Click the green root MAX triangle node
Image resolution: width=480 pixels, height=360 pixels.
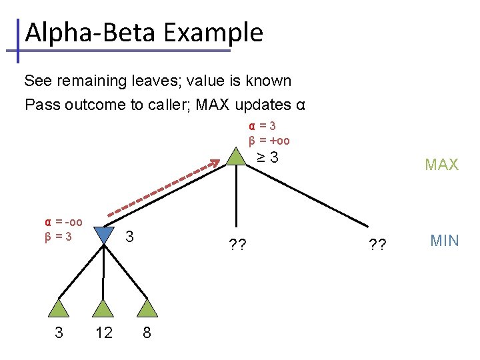point(236,157)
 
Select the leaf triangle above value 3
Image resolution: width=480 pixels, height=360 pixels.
point(59,308)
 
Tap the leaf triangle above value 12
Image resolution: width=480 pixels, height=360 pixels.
point(103,308)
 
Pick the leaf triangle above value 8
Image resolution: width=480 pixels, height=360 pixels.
point(147,308)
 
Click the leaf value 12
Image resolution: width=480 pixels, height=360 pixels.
point(103,333)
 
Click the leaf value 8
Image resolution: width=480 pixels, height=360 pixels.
point(147,333)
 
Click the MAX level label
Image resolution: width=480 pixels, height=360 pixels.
point(442,165)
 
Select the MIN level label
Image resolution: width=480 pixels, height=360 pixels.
point(445,241)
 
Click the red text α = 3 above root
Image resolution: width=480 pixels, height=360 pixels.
point(263,126)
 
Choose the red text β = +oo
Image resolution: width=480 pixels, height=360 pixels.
point(269,141)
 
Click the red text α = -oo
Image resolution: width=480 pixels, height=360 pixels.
point(63,222)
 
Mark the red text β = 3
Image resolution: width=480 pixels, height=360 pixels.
point(58,235)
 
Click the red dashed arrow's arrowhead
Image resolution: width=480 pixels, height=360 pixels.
point(215,162)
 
